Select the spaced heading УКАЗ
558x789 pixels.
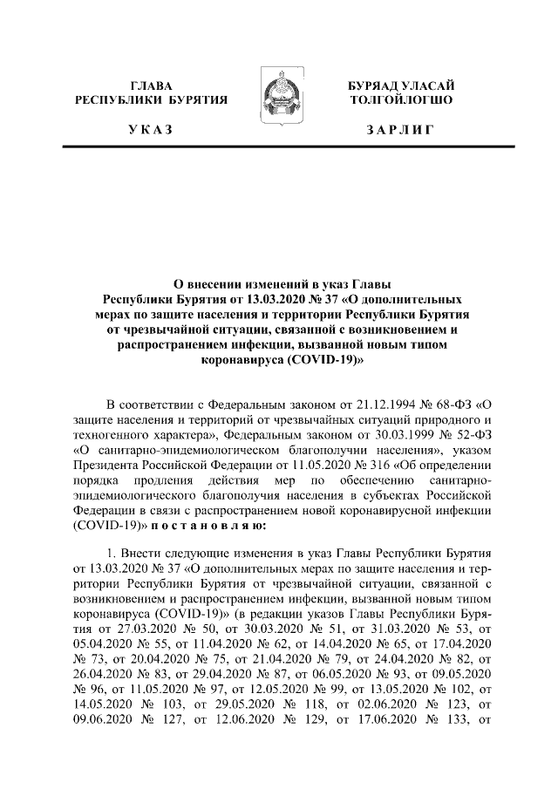(151, 130)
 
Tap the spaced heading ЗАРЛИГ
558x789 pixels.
(400, 130)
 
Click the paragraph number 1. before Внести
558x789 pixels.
(110, 554)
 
